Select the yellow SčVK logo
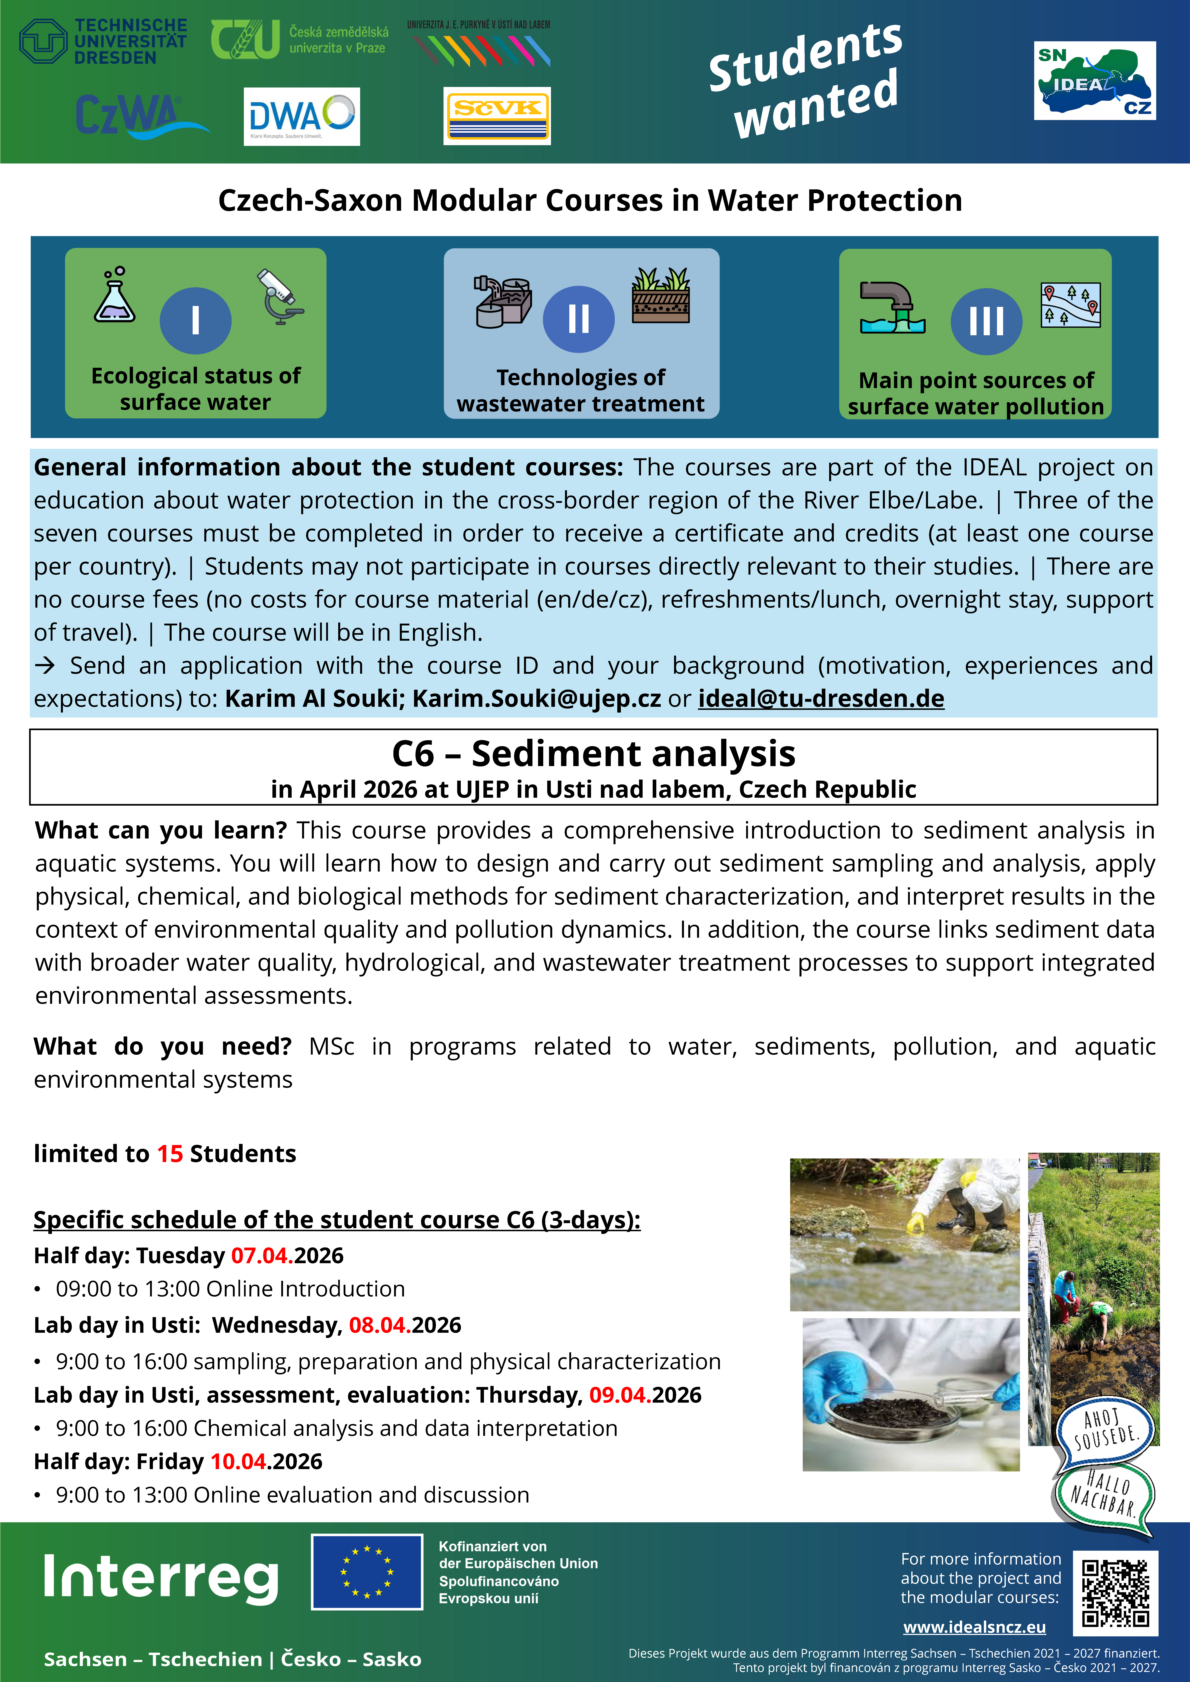point(497,116)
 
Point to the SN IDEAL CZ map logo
point(1095,81)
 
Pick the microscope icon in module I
point(281,297)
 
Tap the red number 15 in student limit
point(170,1154)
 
